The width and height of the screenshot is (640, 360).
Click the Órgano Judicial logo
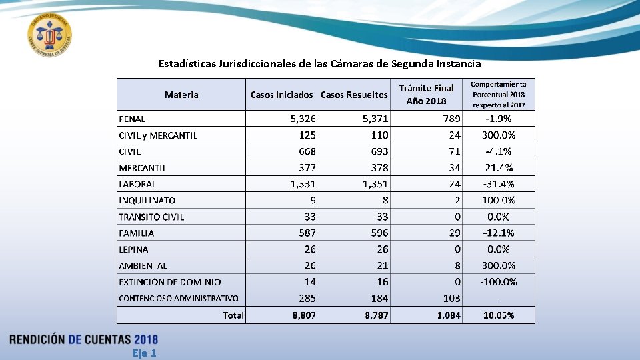coord(50,35)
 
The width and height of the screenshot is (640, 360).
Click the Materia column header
coord(181,95)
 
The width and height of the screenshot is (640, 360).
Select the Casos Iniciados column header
coord(281,95)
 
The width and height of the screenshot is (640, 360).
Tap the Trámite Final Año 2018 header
coord(426,95)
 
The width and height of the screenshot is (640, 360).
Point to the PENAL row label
coord(132,119)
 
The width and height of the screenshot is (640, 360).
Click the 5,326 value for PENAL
coord(303,119)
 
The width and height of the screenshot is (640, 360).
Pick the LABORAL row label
coord(137,184)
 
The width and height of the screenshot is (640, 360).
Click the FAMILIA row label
coord(136,233)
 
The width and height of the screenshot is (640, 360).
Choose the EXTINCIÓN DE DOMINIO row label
coord(169,282)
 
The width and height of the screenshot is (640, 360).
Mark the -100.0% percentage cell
coord(498,282)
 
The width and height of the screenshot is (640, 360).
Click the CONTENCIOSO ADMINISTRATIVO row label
coord(178,298)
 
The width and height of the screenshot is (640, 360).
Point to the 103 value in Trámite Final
coord(451,298)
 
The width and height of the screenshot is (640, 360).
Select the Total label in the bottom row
coord(233,315)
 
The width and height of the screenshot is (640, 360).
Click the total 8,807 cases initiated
coord(304,315)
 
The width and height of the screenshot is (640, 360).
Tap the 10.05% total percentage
coord(498,315)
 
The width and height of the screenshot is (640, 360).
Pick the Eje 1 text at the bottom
coord(144,353)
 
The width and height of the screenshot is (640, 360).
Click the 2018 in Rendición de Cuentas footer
coord(145,339)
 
